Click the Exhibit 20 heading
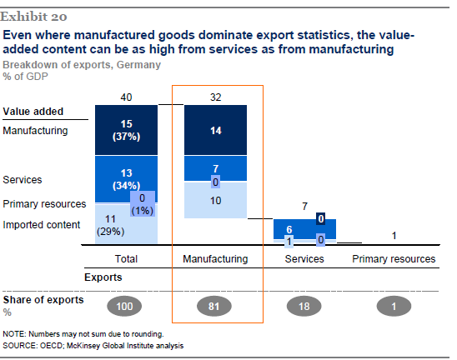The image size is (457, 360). pos(33,17)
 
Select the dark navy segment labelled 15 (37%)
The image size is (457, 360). pos(126,130)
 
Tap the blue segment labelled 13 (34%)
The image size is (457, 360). pos(126,179)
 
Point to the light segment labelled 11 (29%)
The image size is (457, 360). pos(126,224)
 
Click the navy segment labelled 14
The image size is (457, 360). pos(216,130)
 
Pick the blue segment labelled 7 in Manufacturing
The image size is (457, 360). pos(216,168)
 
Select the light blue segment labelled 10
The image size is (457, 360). pos(216,200)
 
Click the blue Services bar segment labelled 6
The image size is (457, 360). pos(304,229)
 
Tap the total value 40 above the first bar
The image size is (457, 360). pos(126,97)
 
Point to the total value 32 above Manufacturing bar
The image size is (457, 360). pos(216,97)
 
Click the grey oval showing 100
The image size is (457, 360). pos(124,306)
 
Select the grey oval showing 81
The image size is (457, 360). pos(214,306)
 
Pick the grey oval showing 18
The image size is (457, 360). pos(304,306)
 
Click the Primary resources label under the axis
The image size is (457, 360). pos(394,258)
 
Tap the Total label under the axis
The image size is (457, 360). pos(126,258)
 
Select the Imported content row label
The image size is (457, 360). pos(42,224)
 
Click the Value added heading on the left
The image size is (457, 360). pos(33,112)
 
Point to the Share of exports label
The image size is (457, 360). pos(43,300)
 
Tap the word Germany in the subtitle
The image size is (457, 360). pos(138,65)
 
